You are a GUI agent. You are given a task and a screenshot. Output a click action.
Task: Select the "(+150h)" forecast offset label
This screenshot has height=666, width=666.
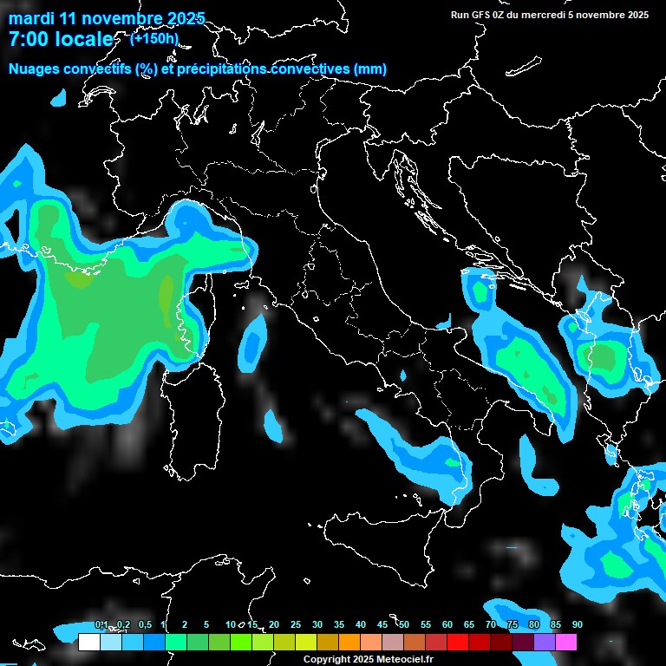(x=154, y=38)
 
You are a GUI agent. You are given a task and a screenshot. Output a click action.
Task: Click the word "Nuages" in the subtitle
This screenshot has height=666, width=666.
(x=33, y=69)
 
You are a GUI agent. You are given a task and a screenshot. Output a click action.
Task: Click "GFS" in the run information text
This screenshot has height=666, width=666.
(x=482, y=14)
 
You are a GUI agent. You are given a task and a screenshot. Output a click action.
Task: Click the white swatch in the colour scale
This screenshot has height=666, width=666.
(x=88, y=643)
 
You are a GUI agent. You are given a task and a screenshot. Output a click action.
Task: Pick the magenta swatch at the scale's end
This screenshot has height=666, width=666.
(x=566, y=643)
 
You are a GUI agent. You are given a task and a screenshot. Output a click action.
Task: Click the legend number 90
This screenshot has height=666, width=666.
(x=578, y=625)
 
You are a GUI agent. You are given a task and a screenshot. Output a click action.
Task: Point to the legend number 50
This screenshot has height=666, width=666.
(x=404, y=625)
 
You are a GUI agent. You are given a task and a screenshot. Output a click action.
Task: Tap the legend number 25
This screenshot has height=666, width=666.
(x=296, y=625)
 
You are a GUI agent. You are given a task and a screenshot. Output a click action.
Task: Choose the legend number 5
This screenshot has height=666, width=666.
(x=206, y=625)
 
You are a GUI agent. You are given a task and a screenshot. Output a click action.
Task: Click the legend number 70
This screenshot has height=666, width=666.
(x=491, y=625)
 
